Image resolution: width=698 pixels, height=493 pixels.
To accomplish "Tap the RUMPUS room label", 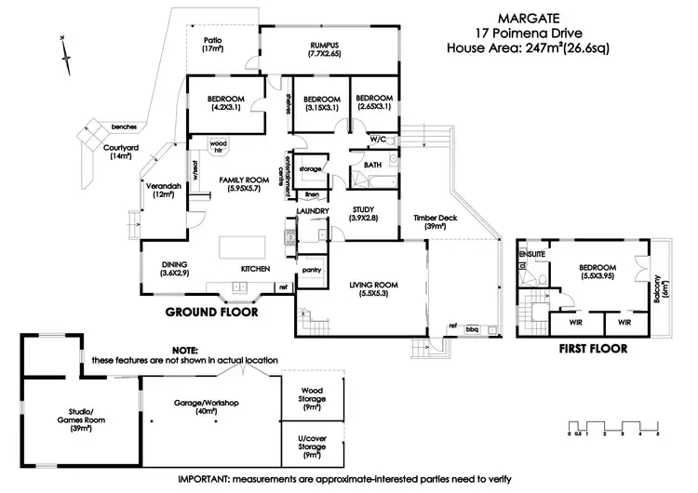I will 324,49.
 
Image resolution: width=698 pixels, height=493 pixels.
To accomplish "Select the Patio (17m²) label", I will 213,44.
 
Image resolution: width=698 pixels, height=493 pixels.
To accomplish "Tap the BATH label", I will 372,165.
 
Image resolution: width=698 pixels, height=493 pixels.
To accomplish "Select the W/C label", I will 378,139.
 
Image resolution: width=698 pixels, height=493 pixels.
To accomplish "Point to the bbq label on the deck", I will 472,327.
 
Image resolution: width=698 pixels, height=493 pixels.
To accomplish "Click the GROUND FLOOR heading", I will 211,313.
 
